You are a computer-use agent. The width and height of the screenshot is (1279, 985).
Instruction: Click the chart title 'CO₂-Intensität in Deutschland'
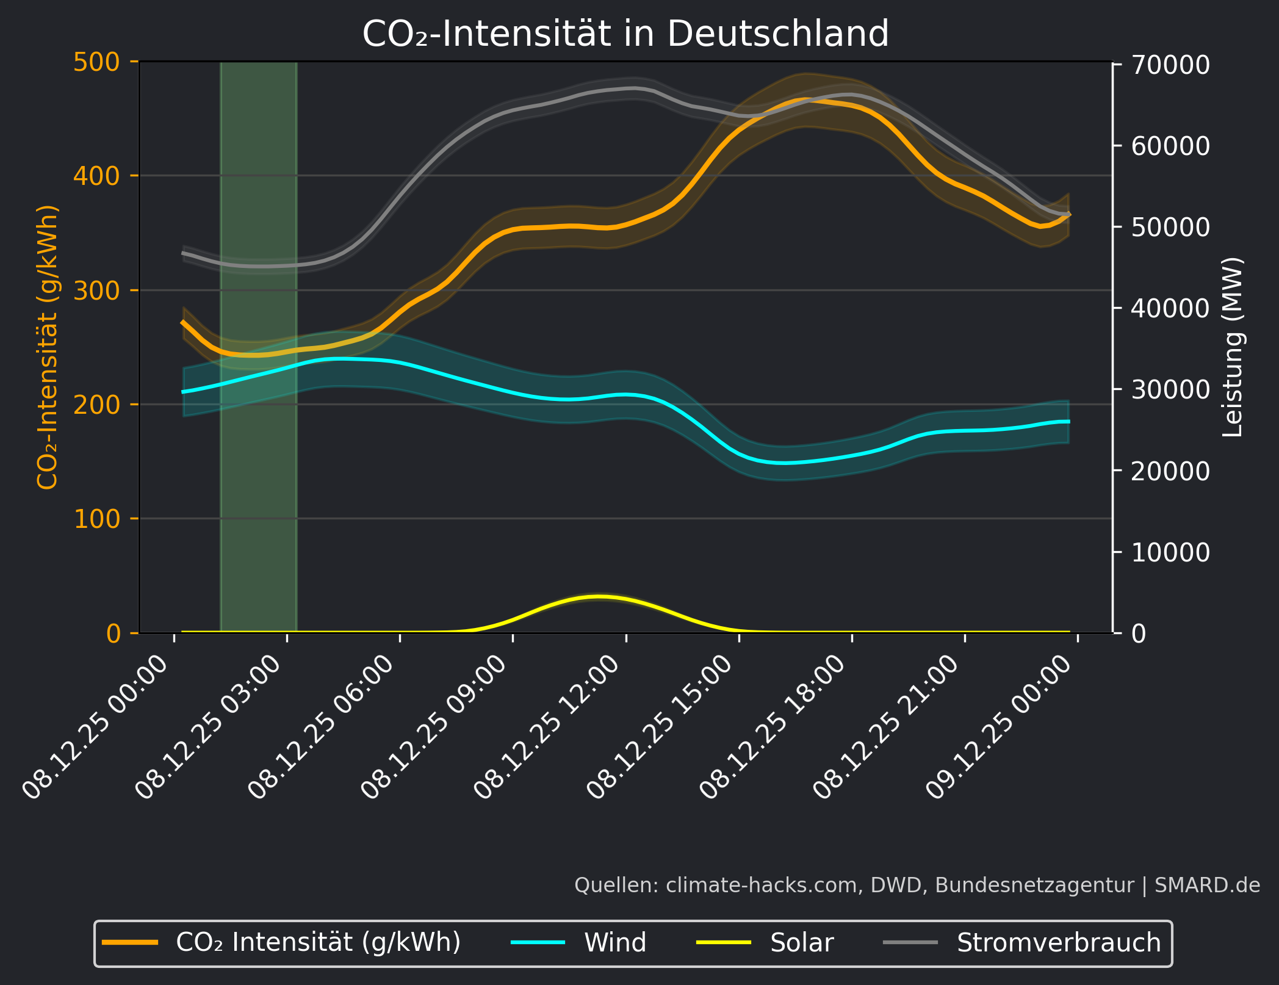point(625,34)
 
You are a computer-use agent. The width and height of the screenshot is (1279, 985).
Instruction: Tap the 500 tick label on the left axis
point(96,62)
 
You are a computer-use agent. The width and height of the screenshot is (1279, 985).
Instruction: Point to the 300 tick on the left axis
point(96,290)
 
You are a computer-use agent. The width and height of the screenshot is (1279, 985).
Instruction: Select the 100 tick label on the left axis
point(96,519)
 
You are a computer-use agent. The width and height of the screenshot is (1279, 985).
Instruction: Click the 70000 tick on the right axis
point(1170,65)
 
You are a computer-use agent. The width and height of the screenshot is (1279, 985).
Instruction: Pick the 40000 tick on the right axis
point(1170,308)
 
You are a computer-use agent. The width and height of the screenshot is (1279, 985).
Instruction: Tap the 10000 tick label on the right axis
point(1170,552)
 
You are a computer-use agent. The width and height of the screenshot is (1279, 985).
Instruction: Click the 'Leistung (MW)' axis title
point(1233,347)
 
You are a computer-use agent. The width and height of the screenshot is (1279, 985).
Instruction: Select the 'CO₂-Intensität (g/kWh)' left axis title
point(48,347)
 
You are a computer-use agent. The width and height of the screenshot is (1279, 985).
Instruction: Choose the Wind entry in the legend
point(614,943)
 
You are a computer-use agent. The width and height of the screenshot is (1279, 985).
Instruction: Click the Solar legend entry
point(801,943)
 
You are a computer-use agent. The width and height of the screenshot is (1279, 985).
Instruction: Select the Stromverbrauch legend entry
point(1058,943)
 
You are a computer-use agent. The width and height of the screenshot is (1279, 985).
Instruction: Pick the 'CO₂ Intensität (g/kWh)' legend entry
point(318,943)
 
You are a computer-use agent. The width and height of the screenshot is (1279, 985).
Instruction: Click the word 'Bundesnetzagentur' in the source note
point(1034,885)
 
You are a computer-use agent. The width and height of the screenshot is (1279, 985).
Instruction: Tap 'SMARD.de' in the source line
point(1207,885)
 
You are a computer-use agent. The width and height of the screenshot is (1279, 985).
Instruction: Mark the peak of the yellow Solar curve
point(600,596)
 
